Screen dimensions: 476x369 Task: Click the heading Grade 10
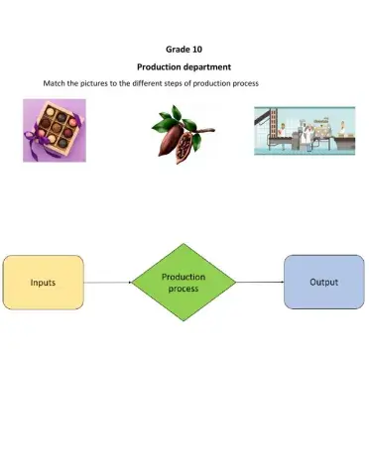[x=184, y=48]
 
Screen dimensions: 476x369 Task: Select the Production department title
[x=184, y=66]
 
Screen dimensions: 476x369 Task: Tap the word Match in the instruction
[x=55, y=83]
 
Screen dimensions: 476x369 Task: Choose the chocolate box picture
[x=54, y=130]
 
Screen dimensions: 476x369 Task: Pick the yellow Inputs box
[x=44, y=283]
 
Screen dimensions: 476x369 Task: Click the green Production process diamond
[x=184, y=283]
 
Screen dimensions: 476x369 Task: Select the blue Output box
[x=323, y=283]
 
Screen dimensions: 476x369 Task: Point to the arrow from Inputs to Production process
[x=107, y=283]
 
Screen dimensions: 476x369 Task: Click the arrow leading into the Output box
[x=260, y=283]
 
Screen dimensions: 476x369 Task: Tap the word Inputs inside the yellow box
[x=43, y=283]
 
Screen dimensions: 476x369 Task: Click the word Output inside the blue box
[x=324, y=283]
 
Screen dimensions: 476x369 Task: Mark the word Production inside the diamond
[x=184, y=277]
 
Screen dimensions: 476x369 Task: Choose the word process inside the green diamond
[x=184, y=289]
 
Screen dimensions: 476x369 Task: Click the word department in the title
[x=203, y=66]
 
